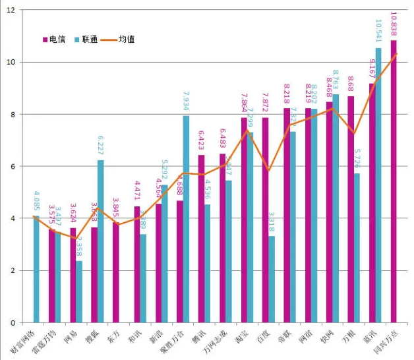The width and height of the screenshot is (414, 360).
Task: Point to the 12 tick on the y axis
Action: (x=11, y=11)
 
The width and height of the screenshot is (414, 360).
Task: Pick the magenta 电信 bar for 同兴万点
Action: (x=394, y=181)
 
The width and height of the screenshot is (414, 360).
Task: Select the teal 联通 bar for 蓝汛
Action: (x=378, y=185)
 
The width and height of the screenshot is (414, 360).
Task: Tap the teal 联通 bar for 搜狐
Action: (x=100, y=241)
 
